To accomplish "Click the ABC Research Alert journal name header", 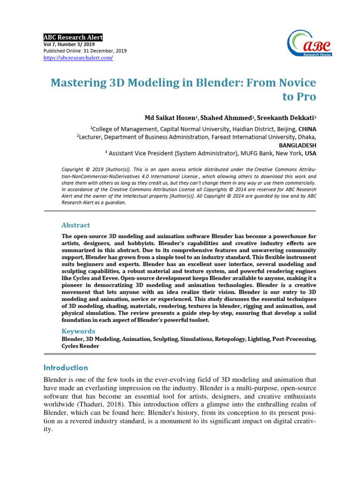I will click(x=73, y=37).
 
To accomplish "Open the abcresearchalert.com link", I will click(x=78, y=58).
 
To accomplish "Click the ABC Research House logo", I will click(x=310, y=43).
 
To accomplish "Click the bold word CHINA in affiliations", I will click(x=307, y=128).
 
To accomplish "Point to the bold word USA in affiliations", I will click(x=310, y=153).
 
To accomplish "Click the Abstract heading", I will click(x=75, y=225).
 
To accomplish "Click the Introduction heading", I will click(x=66, y=367).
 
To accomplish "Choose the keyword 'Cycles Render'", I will click(x=80, y=346).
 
